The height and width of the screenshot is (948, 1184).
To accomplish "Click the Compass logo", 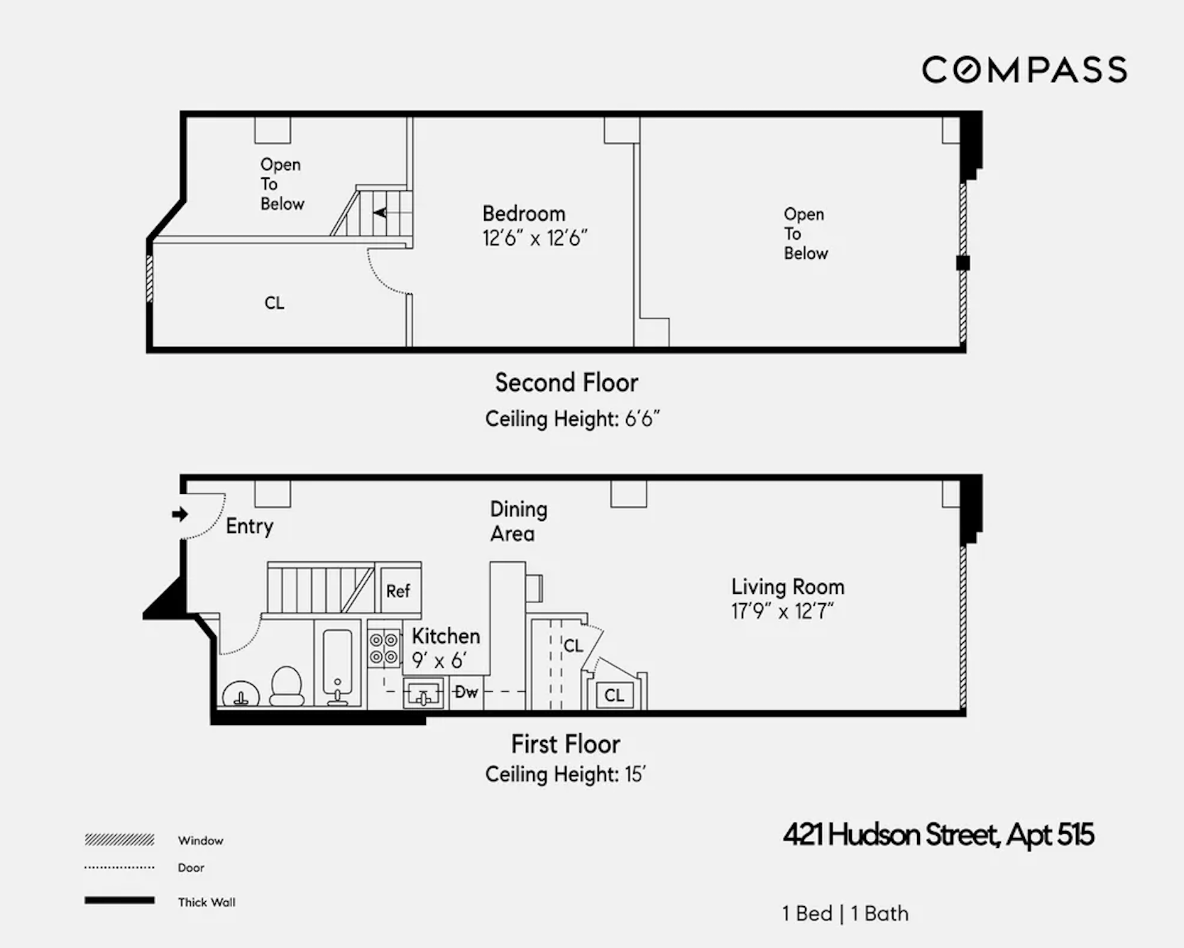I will point(1024,70).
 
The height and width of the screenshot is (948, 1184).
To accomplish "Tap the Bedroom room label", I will point(524,214).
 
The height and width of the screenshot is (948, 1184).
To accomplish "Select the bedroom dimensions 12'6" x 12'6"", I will point(535,238).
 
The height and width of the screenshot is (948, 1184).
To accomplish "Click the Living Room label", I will point(788,587).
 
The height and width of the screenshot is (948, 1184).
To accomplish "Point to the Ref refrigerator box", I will point(398,591).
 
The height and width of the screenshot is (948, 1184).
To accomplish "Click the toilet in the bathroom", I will point(287,685).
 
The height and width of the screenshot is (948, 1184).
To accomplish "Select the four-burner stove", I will point(383,649).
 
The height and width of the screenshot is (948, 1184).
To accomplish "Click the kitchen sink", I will point(423,693).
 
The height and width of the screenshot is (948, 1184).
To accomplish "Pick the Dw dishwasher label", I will point(466,692).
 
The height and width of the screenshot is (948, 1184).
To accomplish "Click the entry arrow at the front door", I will point(180,514).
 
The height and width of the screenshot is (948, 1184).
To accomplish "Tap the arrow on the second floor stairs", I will point(380,212).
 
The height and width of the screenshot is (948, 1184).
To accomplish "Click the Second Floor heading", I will point(566,383).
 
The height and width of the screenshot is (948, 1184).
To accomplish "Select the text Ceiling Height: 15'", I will point(565,774).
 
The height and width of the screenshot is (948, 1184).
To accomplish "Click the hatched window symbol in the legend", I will point(119,840).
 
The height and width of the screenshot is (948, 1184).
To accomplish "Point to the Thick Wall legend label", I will point(207,903).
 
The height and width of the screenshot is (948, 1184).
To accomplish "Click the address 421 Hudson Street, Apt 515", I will point(938,835).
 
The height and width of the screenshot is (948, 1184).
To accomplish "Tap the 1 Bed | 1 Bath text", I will point(845,913).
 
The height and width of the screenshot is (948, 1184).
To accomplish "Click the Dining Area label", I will point(518,522).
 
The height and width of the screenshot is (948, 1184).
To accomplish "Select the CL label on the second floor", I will point(274,303).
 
